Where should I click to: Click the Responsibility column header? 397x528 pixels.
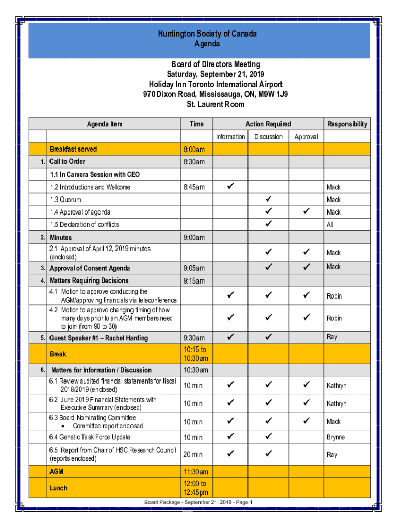[x=347, y=124]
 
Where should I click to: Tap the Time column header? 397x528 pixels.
[x=196, y=124]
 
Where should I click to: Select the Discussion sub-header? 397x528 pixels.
[x=268, y=137]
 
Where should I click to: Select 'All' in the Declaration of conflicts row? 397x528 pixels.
[x=330, y=225]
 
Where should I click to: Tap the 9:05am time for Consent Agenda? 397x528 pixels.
[x=194, y=268]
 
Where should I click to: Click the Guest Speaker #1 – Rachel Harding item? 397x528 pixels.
[x=98, y=338]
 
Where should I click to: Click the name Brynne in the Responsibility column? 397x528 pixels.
[x=336, y=437]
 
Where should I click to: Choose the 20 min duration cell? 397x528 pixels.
[x=193, y=454]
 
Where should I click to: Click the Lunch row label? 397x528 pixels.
[x=58, y=488]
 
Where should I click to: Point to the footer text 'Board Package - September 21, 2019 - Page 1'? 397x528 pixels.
[x=198, y=502]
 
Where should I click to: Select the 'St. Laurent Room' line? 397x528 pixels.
[x=216, y=104]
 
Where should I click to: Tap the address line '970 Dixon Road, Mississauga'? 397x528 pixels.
[x=216, y=94]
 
